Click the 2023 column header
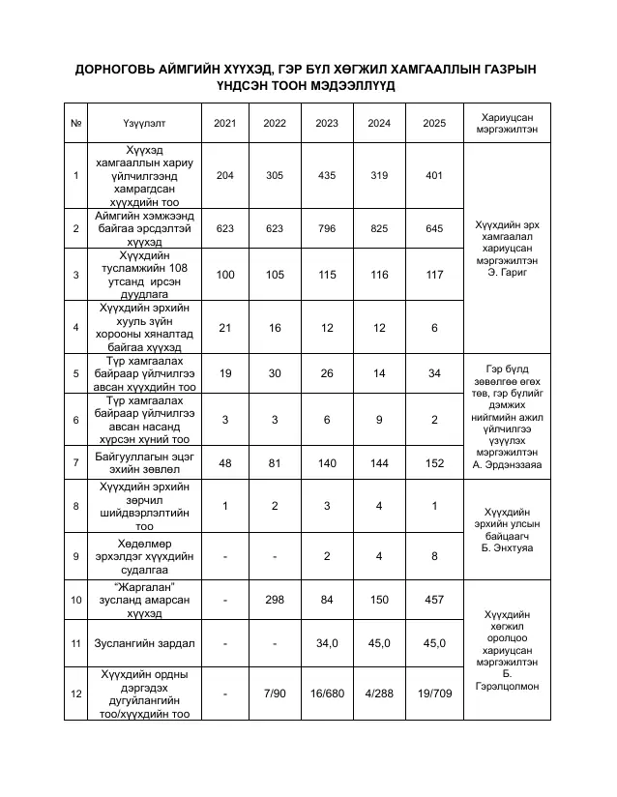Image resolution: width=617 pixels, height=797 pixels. point(327,123)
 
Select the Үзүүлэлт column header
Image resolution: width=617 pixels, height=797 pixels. point(144,123)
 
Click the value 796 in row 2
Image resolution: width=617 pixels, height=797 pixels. point(327,228)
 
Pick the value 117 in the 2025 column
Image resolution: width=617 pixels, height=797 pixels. point(434,275)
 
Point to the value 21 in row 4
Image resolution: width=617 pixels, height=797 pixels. point(225,328)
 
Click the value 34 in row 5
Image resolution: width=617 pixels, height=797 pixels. point(434,373)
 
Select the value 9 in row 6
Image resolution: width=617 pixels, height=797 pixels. point(380,419)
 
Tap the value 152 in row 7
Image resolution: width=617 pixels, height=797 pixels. point(434,463)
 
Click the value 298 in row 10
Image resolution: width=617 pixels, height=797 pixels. point(275,600)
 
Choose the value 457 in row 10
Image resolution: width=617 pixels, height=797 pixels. point(434,600)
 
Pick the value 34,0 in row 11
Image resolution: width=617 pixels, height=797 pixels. point(327,642)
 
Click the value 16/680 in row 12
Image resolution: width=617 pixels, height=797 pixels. point(327,694)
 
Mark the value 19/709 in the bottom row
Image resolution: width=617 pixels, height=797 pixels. point(434,694)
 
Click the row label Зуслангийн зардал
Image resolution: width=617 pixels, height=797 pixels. point(144,642)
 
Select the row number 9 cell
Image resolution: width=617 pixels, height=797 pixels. point(75,555)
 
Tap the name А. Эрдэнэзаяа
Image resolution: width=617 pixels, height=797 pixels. point(507,463)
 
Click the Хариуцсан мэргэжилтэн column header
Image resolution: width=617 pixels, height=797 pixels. point(507,123)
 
